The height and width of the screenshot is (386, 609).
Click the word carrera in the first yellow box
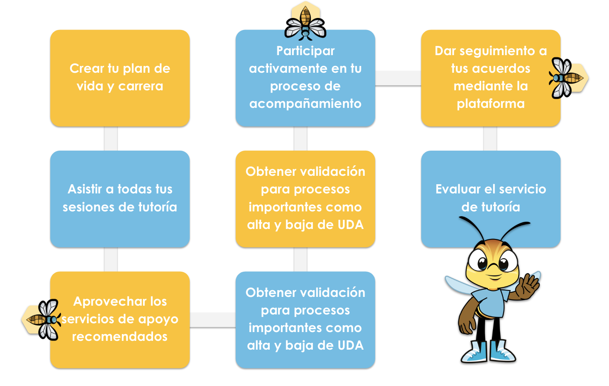141,86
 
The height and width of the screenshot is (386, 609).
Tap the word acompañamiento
305,104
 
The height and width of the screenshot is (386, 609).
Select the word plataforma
491,104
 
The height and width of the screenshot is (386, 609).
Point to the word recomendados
119,336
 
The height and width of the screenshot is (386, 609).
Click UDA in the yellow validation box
350,225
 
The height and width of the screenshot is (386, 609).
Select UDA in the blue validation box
350,346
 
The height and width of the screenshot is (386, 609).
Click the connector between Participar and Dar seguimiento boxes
398,78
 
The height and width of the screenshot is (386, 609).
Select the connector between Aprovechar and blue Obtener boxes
213,320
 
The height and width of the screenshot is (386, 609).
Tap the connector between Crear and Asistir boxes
111,139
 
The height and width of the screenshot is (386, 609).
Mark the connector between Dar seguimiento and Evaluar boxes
490,139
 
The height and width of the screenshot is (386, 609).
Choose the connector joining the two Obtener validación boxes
301,259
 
